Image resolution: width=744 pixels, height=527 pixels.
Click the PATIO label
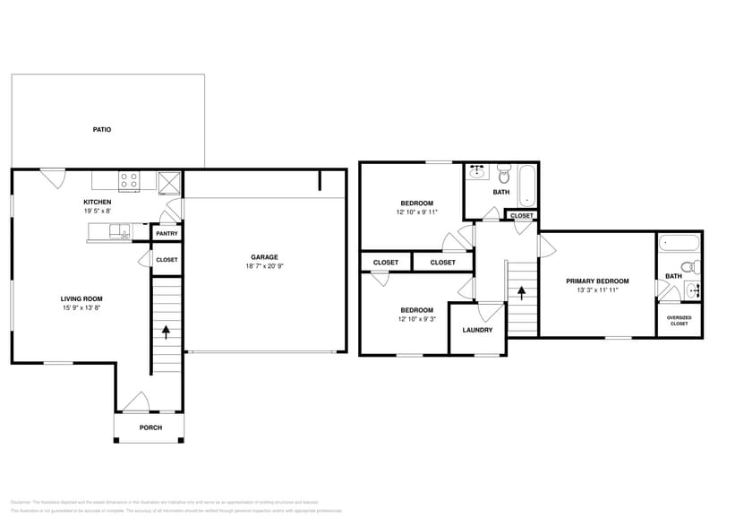coord(102,130)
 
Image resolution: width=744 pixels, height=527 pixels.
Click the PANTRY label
coord(167,234)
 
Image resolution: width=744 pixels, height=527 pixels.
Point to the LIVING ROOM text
coord(81,299)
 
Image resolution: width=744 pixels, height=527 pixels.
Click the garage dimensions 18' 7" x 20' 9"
coord(264,266)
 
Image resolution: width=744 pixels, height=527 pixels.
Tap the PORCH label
coord(150,428)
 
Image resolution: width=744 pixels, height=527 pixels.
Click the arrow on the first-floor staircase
coord(166,330)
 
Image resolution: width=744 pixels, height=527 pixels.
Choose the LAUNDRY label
coord(477,330)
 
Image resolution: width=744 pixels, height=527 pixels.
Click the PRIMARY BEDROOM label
coord(597,281)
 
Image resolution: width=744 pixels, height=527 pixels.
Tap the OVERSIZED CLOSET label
coord(679,320)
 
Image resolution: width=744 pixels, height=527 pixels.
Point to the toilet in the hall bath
coord(503,170)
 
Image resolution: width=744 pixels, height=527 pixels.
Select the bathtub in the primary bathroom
coord(680,242)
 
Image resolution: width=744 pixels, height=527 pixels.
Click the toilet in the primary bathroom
coord(688,266)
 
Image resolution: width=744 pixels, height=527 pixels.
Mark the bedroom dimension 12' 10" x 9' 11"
coord(417,212)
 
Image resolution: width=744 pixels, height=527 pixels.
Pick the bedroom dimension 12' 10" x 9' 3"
coord(416,319)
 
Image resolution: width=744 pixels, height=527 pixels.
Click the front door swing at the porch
coord(135,403)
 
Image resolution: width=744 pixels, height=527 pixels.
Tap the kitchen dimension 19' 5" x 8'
coord(97,212)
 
